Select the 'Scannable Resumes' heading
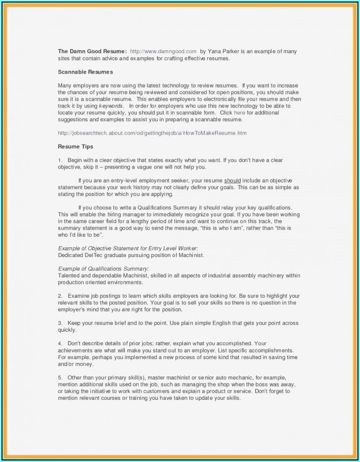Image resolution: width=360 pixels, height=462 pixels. pyautogui.click(x=85, y=72)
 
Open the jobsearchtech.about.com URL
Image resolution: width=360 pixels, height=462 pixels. pyautogui.click(x=152, y=133)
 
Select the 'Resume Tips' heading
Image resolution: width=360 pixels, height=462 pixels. pyautogui.click(x=75, y=147)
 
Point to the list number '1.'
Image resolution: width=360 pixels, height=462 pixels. pyautogui.click(x=60, y=160)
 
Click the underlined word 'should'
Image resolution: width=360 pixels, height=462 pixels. pyautogui.click(x=232, y=181)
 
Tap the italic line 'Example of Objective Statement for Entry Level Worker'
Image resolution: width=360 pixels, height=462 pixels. pyautogui.click(x=128, y=248)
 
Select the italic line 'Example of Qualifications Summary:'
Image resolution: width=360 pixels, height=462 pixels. pyautogui.click(x=100, y=269)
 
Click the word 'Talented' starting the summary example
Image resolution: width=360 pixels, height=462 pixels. pyautogui.click(x=69, y=276)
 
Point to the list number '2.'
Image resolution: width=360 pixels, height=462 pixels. pyautogui.click(x=60, y=296)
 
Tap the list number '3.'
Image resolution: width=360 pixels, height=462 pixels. pyautogui.click(x=60, y=323)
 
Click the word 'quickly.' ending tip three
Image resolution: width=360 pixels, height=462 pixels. pyautogui.click(x=67, y=330)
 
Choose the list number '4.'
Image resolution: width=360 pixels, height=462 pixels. pyautogui.click(x=60, y=343)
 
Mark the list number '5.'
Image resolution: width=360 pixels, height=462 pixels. pyautogui.click(x=60, y=377)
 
